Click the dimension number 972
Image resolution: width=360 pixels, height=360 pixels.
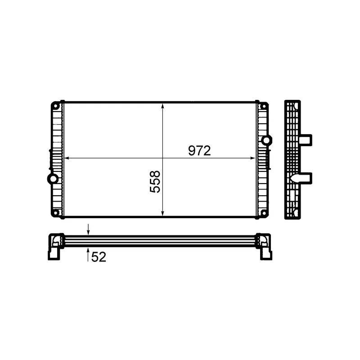click(199, 151)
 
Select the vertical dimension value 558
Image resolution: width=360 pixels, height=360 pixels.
click(155, 181)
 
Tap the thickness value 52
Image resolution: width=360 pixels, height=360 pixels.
click(99, 257)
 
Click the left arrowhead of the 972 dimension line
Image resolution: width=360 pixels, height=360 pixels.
click(67, 158)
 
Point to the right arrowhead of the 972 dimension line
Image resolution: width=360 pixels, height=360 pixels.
click(252, 158)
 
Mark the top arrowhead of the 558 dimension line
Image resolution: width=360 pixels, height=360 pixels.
click(162, 106)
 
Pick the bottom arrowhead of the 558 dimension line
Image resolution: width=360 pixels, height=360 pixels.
click(162, 213)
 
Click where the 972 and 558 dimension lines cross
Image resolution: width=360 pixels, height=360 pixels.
click(162, 158)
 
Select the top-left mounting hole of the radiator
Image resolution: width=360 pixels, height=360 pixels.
click(55, 106)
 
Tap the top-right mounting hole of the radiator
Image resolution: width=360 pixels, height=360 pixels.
click(264, 106)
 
